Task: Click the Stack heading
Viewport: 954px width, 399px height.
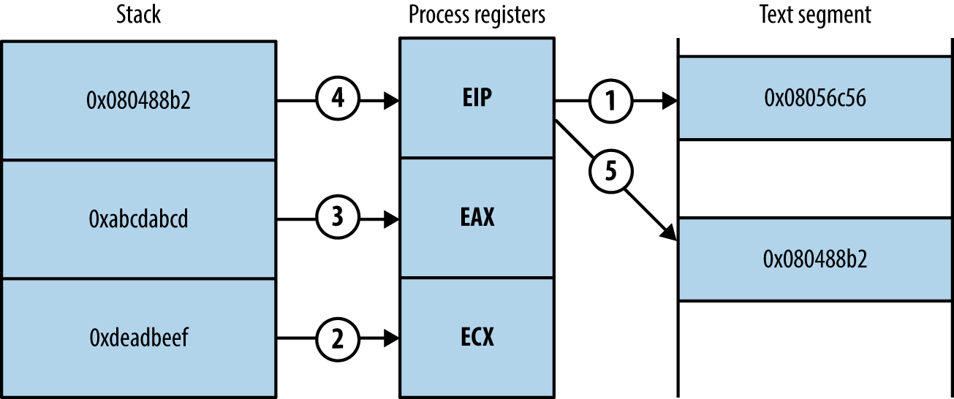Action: coord(138,15)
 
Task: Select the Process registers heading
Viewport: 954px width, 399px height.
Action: coord(477,15)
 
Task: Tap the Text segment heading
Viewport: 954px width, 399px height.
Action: coord(815,15)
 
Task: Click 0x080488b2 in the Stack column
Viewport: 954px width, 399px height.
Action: coord(139,100)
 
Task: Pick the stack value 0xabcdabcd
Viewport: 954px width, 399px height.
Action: coord(139,218)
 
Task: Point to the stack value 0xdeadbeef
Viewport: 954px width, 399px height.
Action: coord(139,338)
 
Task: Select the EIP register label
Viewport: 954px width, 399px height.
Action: coord(477,98)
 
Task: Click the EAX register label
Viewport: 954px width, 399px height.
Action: coord(477,217)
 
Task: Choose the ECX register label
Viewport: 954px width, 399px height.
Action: coord(477,337)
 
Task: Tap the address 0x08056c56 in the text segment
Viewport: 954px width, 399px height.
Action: coord(815,98)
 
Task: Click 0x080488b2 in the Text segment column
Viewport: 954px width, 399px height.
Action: coord(815,259)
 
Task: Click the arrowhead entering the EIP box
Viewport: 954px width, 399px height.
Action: coord(392,100)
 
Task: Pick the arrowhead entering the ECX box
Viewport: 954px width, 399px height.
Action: coord(392,338)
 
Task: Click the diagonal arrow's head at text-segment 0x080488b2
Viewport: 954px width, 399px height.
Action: coord(670,234)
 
